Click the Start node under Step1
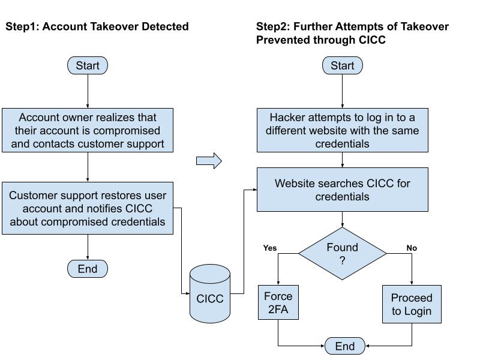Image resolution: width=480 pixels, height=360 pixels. tap(88, 65)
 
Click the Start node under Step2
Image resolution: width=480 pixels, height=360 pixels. tap(343, 65)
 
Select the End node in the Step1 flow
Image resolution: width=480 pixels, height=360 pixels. tap(88, 269)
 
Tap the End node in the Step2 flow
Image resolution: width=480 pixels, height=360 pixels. tap(345, 346)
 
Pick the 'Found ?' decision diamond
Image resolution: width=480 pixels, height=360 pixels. tap(343, 254)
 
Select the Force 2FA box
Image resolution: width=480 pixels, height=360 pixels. tap(278, 303)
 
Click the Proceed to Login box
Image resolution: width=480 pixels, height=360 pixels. tap(412, 305)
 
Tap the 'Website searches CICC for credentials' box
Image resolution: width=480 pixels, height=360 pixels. tap(343, 190)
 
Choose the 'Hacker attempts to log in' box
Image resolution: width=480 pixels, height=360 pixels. tap(343, 130)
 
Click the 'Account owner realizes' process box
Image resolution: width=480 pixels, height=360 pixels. tap(88, 130)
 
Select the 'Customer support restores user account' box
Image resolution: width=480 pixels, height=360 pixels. tap(88, 208)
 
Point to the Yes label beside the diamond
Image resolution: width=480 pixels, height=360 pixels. tap(270, 248)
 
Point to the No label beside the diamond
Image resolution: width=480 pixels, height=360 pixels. tap(412, 248)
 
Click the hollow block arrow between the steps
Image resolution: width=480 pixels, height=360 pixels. tap(209, 161)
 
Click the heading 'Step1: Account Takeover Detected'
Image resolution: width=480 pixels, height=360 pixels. tap(97, 26)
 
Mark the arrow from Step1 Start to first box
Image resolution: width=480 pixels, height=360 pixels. tap(88, 91)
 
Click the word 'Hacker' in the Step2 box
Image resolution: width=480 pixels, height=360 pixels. tap(287, 117)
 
